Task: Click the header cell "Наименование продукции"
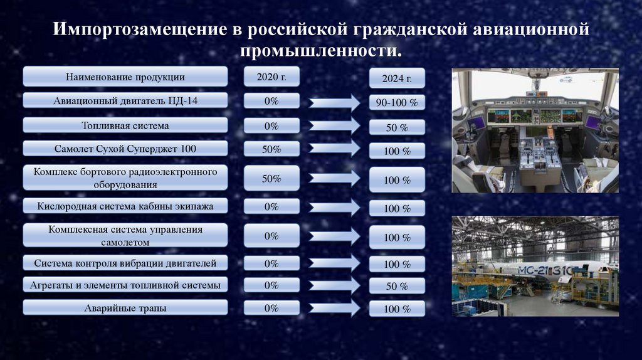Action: (x=125, y=77)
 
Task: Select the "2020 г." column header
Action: (x=271, y=77)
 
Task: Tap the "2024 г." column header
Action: (x=397, y=79)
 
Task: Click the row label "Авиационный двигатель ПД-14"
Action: (x=125, y=100)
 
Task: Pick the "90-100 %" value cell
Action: (x=397, y=102)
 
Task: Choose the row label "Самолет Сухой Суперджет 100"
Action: (x=125, y=148)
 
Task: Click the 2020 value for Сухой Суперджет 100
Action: (x=271, y=149)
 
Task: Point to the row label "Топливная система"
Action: (x=125, y=125)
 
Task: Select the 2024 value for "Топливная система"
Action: (x=397, y=127)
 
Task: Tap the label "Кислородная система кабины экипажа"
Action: (x=125, y=206)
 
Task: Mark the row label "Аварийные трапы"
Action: (x=125, y=307)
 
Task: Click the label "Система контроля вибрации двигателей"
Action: (x=125, y=263)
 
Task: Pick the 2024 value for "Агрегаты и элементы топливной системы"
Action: (x=397, y=287)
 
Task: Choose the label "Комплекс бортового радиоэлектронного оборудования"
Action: (x=125, y=178)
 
